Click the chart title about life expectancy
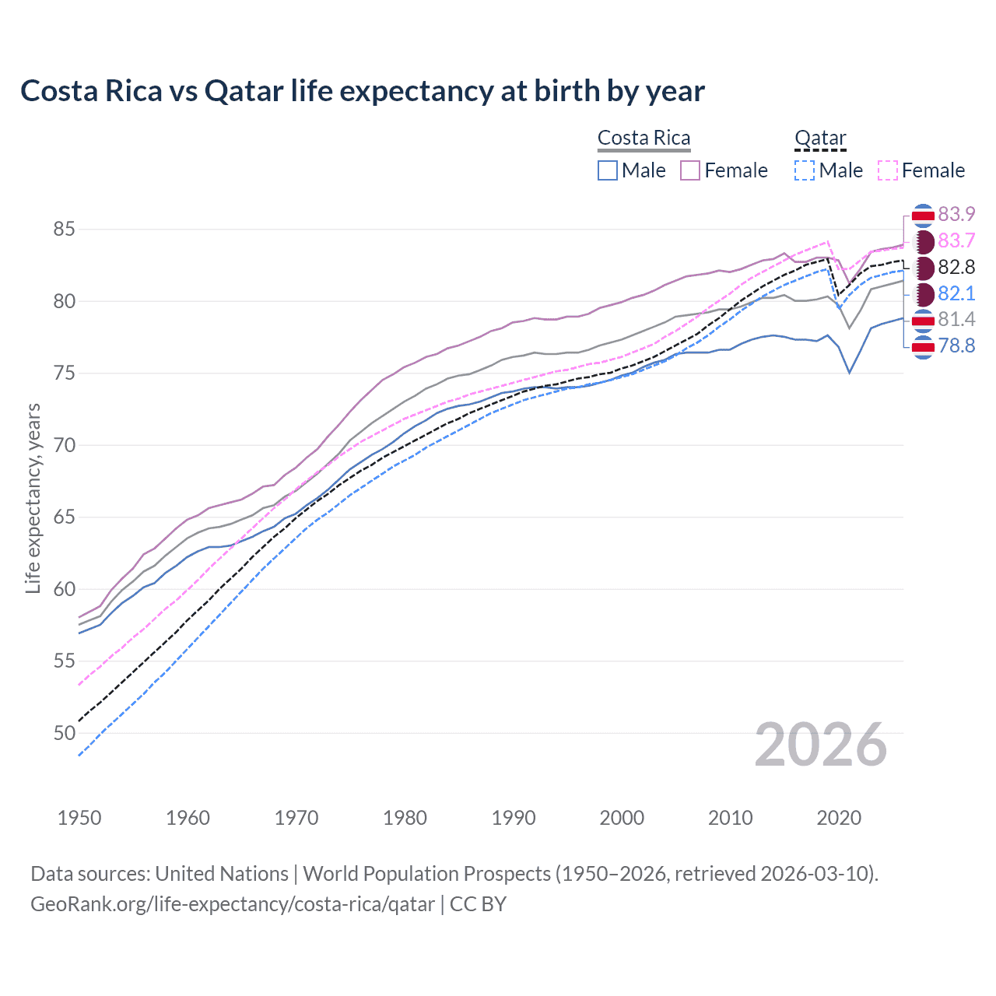(x=363, y=91)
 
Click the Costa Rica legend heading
(x=644, y=139)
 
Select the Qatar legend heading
(x=820, y=139)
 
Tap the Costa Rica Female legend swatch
(x=690, y=170)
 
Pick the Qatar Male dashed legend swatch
(x=805, y=170)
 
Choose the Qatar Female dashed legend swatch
(x=887, y=170)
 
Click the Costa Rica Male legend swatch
(x=608, y=170)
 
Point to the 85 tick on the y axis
(x=64, y=230)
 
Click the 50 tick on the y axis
(x=64, y=733)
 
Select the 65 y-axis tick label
(x=64, y=517)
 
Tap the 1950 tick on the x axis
(x=79, y=818)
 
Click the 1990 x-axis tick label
(x=514, y=818)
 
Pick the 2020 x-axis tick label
(x=839, y=818)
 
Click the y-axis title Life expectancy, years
(x=33, y=498)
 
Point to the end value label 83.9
(x=956, y=214)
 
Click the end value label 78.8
(x=956, y=345)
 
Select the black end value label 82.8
(x=956, y=267)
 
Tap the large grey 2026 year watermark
(x=821, y=745)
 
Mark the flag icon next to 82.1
(x=923, y=294)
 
